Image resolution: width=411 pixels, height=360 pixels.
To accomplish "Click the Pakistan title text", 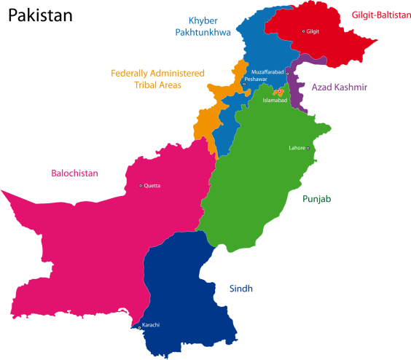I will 39,15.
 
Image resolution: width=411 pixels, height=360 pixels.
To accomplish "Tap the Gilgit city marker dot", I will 304,31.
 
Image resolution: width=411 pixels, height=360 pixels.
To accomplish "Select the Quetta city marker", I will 141,186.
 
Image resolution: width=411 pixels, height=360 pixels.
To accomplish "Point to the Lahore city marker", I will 308,149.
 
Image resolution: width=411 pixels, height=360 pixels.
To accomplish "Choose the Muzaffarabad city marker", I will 288,74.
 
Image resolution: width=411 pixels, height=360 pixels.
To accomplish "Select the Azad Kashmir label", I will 339,87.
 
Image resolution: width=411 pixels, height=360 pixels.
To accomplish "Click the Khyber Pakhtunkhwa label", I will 203,26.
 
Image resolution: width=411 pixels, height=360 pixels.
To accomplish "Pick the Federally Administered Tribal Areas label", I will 157,79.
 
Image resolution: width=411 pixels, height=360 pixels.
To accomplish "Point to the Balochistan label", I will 74,173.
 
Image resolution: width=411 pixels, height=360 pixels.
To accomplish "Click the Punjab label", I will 317,198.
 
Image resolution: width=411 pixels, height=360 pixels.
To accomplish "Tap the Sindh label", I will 240,289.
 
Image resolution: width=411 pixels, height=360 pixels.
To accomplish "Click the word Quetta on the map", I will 153,186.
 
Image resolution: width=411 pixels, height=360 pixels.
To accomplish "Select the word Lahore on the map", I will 297,149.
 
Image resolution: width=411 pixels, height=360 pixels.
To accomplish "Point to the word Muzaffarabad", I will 267,72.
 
